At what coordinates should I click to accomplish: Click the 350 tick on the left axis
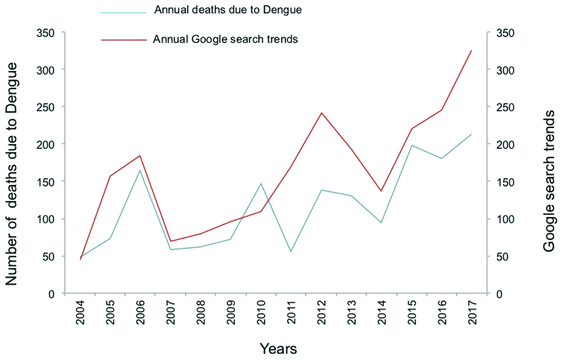(46, 33)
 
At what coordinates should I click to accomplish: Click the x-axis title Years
(278, 348)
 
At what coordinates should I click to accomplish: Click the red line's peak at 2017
(471, 51)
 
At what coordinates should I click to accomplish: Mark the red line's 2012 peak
(321, 113)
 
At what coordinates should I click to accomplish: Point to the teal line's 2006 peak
(140, 170)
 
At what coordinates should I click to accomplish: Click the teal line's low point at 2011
(291, 251)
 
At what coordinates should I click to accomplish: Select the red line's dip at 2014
(381, 191)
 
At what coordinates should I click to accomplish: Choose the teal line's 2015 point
(411, 145)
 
